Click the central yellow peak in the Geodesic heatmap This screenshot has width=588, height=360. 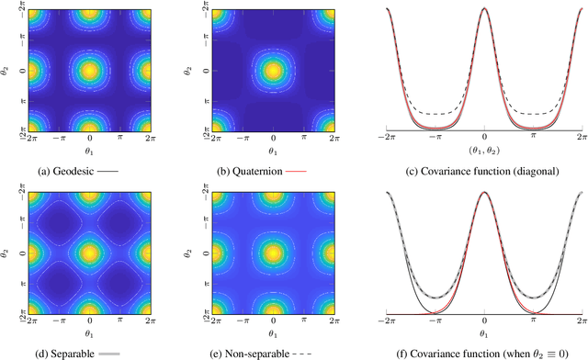click(89, 70)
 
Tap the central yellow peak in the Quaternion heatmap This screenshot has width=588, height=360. click(272, 70)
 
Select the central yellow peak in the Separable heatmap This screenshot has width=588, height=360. click(89, 251)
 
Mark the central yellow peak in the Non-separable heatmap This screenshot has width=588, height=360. click(272, 251)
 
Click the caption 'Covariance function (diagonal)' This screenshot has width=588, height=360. click(484, 170)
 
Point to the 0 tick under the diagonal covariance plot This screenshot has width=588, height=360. click(484, 139)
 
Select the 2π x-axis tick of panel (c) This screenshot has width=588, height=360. click(582, 139)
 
